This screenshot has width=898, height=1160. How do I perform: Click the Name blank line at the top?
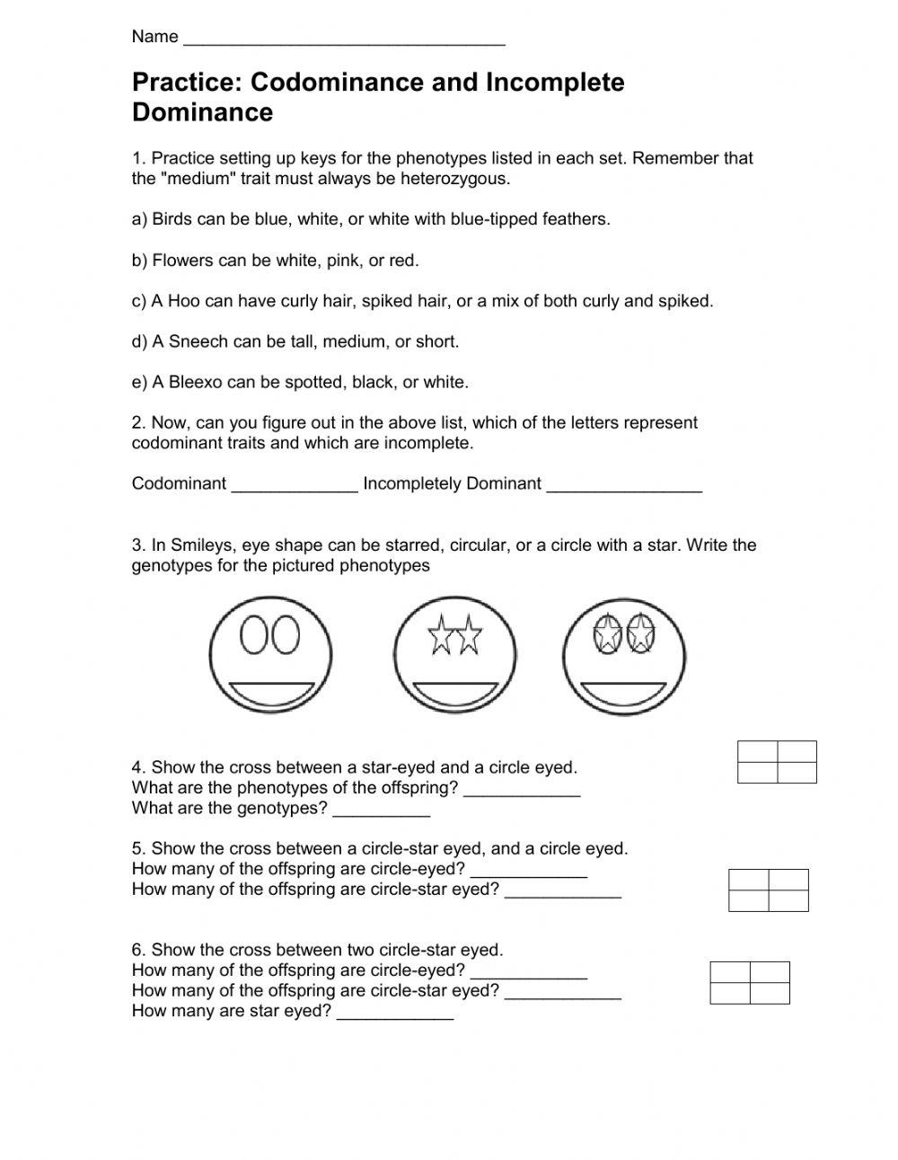pyautogui.click(x=343, y=40)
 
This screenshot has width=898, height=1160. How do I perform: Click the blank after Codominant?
pyautogui.click(x=295, y=485)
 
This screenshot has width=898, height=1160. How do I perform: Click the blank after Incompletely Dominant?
pyautogui.click(x=624, y=485)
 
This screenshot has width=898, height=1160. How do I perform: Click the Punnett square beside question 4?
pyautogui.click(x=777, y=761)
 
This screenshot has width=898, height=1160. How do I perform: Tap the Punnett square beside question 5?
pyautogui.click(x=768, y=890)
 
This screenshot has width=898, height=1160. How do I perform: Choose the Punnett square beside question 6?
pyautogui.click(x=750, y=982)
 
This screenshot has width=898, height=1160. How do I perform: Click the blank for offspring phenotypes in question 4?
pyautogui.click(x=522, y=791)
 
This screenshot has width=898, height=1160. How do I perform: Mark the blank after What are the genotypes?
pyautogui.click(x=381, y=810)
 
